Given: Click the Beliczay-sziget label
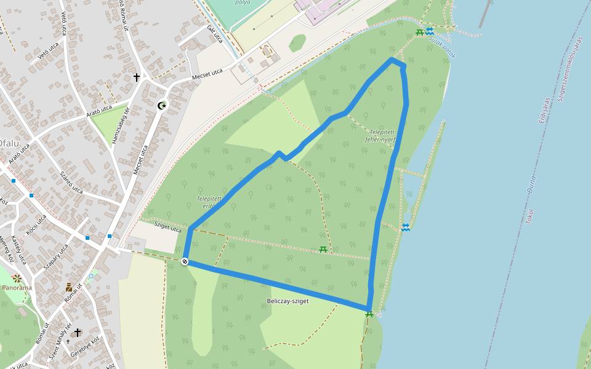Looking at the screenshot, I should (288, 301).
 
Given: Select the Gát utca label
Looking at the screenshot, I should (215, 35).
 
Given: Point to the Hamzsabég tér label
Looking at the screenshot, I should (121, 126).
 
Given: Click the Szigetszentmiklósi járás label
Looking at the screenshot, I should (570, 68).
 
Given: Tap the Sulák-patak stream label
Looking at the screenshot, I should (443, 48).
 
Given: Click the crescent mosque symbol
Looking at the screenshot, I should (162, 106).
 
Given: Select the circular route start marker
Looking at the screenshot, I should (185, 262).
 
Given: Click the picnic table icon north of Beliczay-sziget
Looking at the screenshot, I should (323, 250).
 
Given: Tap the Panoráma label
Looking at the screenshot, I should (18, 287).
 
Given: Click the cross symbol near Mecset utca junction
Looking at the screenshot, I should (137, 77).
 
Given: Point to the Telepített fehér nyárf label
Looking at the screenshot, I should (382, 136).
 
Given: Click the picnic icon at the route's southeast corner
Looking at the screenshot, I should (369, 314).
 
